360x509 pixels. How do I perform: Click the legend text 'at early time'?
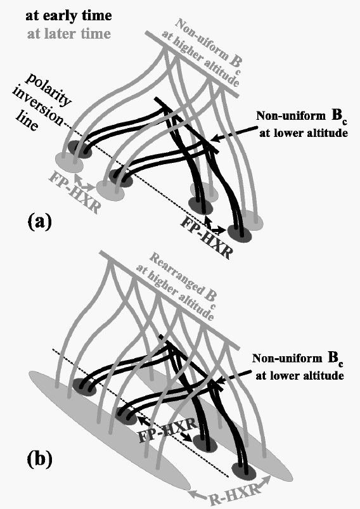68,16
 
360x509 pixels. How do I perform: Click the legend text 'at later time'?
69,34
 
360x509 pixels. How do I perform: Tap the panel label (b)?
39,459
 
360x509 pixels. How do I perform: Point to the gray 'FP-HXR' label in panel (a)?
74,194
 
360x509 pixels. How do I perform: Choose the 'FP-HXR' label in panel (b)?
167,430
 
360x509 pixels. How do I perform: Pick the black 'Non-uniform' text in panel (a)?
291,115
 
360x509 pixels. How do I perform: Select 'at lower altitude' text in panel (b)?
300,376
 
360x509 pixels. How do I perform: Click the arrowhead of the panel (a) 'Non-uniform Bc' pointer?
213,140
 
